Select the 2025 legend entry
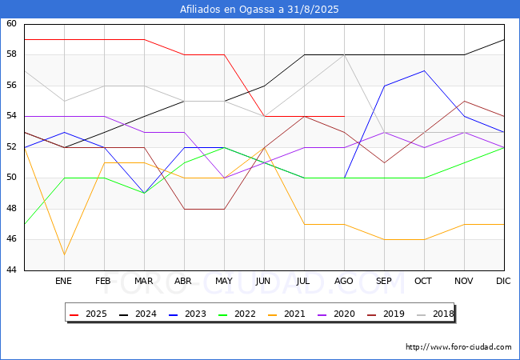pos(88,314)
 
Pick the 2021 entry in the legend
pos(286,314)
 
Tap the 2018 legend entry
pos(435,314)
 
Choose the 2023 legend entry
pos(187,314)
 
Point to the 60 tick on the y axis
pos(11,23)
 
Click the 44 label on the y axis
pos(11,270)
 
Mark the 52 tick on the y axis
pos(11,147)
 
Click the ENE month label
pos(63,281)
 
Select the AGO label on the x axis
pos(343,281)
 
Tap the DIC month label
pos(503,281)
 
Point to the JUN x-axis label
pos(263,281)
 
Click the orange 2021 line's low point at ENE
pos(64,255)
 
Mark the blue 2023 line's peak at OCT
pos(425,70)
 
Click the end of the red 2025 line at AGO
pos(345,116)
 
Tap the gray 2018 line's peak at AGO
pos(345,54)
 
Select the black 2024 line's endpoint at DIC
pos(505,39)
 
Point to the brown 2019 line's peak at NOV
pos(464,101)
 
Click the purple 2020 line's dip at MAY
pos(225,178)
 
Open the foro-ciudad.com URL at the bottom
pos(458,347)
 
